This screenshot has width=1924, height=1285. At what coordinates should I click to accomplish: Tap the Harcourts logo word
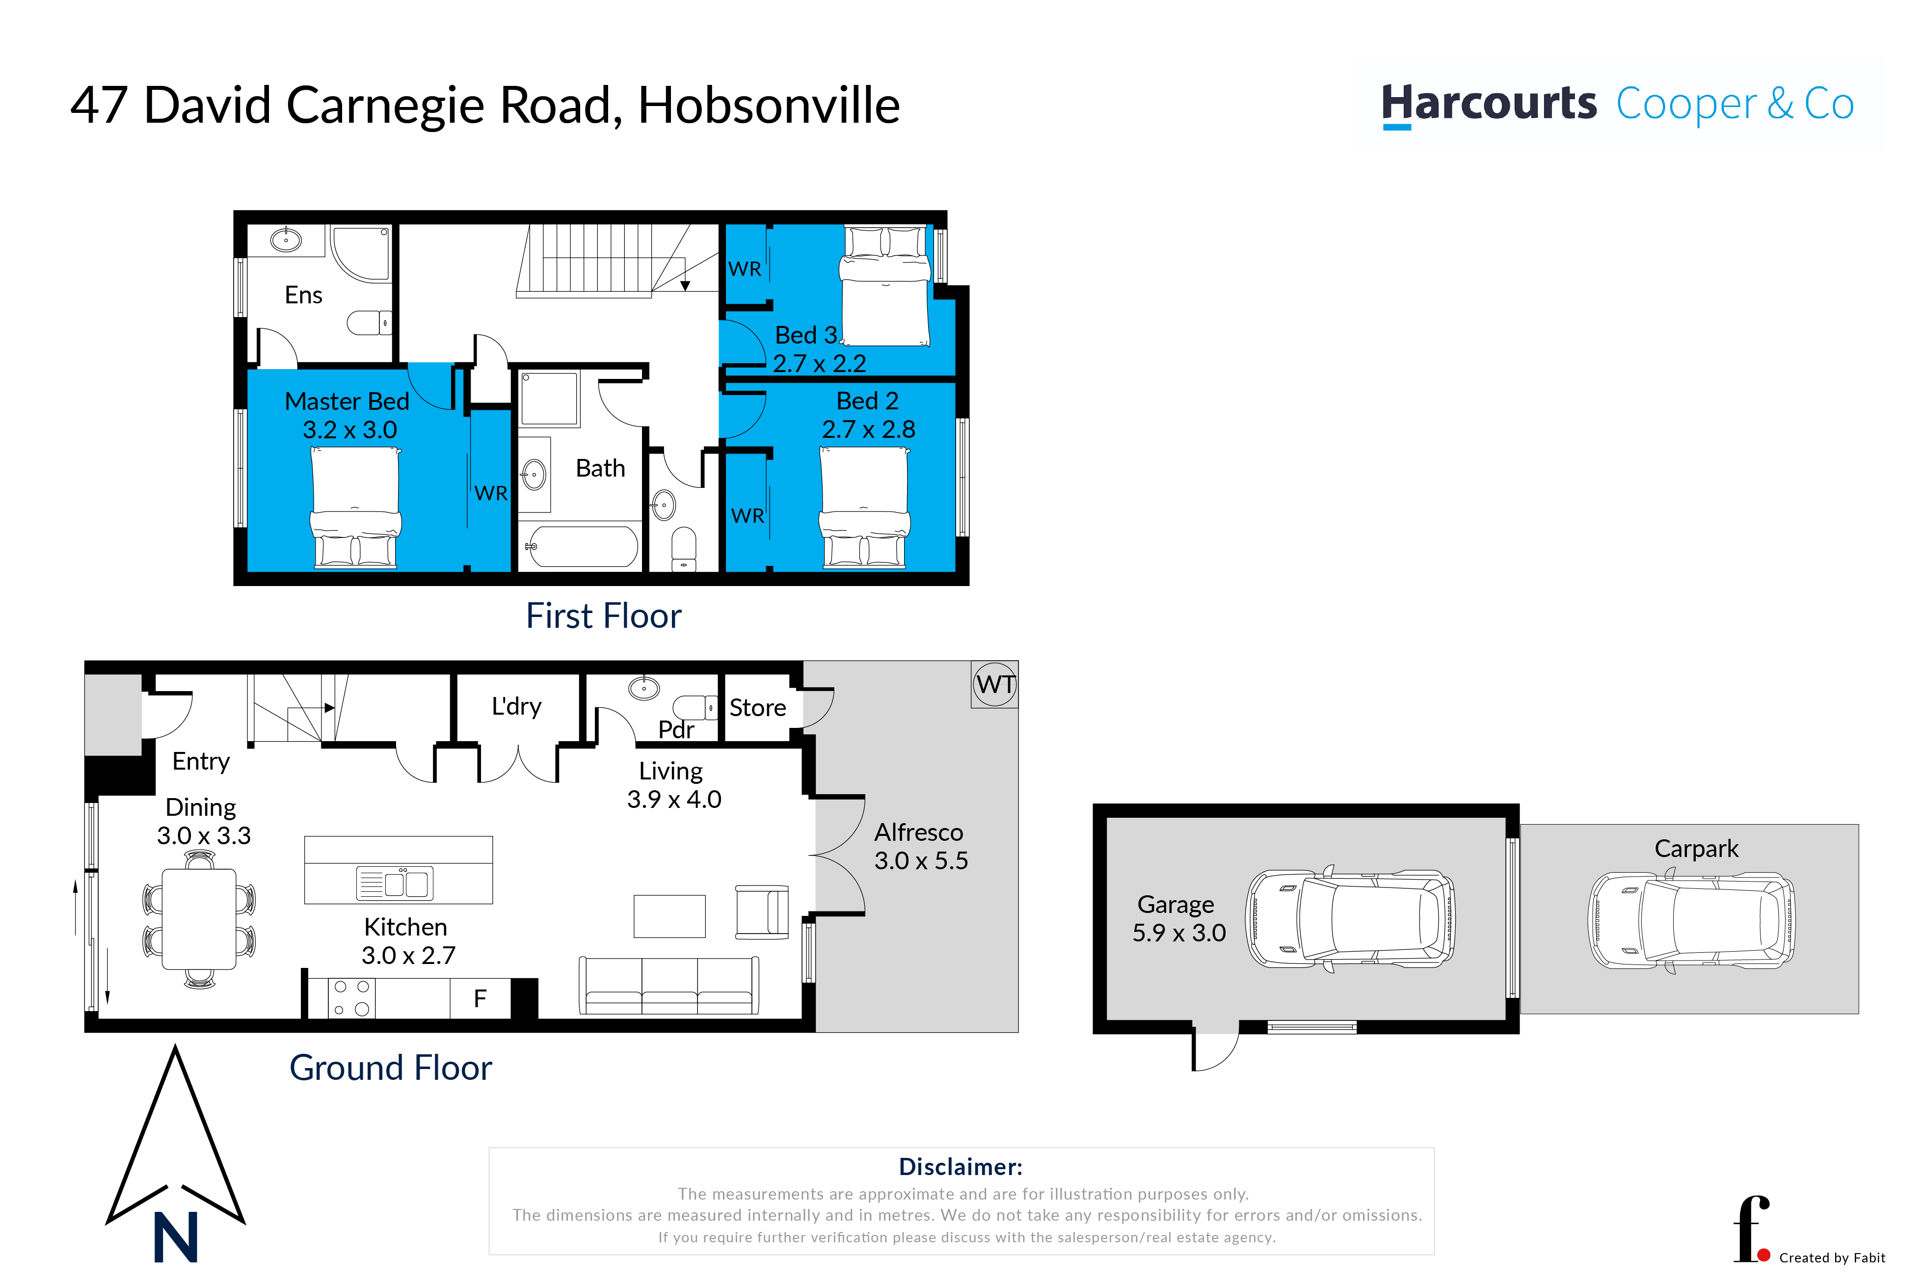click(x=1489, y=105)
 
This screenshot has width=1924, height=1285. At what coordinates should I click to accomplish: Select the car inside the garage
click(x=1350, y=919)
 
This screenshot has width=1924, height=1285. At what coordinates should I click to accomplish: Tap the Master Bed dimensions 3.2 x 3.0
click(x=350, y=429)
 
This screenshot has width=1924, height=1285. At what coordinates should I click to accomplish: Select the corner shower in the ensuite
click(x=361, y=253)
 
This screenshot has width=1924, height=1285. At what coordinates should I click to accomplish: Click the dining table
click(x=199, y=919)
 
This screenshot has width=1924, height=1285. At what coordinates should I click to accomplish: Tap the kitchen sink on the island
click(x=395, y=883)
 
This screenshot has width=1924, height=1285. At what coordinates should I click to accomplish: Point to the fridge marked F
click(x=480, y=998)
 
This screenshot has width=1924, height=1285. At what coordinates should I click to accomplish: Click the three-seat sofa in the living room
click(x=668, y=986)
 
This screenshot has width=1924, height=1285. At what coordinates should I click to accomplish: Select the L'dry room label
click(x=516, y=706)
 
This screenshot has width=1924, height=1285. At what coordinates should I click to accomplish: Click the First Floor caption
click(x=603, y=616)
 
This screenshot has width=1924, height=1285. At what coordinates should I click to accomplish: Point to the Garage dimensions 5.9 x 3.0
click(x=1178, y=933)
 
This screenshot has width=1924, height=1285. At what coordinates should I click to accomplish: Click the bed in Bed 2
click(x=864, y=507)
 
